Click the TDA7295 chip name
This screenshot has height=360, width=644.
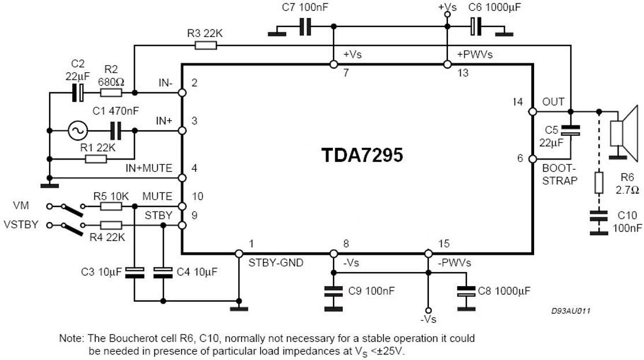coord(362,157)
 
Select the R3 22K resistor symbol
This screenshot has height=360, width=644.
coord(205,45)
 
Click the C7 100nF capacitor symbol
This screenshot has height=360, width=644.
coord(305,26)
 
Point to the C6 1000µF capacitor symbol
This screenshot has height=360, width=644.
coord(475,26)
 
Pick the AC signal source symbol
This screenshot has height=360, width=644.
coord(77,131)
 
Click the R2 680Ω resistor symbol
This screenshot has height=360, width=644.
coord(110,92)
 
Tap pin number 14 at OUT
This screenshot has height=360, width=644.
coord(517,102)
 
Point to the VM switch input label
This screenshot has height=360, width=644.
coord(21,206)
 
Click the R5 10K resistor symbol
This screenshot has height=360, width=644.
coord(110,206)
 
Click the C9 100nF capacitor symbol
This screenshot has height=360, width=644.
coord(333,291)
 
